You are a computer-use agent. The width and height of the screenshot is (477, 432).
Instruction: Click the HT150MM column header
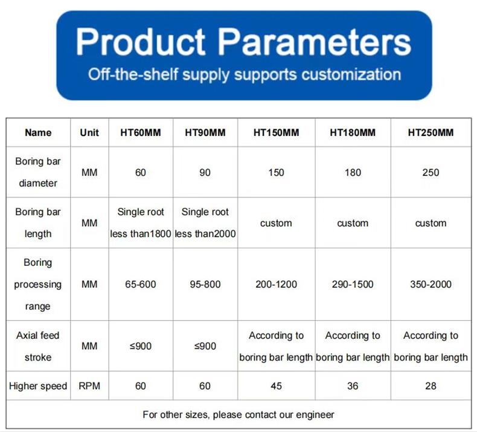(x=276, y=132)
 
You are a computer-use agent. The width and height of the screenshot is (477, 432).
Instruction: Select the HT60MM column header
(x=141, y=132)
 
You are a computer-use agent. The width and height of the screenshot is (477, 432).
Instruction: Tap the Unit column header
(x=89, y=132)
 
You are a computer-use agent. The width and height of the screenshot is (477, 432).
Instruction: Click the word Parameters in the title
(x=315, y=42)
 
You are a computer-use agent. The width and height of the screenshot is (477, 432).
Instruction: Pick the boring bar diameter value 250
(x=431, y=173)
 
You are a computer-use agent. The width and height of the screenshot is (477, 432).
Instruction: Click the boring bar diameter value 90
(x=205, y=173)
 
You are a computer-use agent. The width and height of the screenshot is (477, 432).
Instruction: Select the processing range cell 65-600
(x=141, y=285)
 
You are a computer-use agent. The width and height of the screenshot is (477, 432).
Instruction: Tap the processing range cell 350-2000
(x=431, y=285)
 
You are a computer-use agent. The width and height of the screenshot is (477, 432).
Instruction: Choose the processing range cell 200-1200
(x=276, y=285)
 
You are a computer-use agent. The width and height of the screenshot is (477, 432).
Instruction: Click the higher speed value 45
(x=276, y=386)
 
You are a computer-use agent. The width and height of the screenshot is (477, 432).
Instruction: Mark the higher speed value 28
(x=431, y=386)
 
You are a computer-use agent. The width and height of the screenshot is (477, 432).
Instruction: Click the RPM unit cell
(x=89, y=386)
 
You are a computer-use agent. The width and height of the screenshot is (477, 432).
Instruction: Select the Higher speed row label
(x=38, y=386)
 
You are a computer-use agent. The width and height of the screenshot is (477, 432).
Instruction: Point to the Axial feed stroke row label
(x=38, y=346)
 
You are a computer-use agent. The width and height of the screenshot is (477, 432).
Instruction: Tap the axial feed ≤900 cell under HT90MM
(x=205, y=346)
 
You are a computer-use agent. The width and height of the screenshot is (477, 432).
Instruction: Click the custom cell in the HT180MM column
(x=353, y=223)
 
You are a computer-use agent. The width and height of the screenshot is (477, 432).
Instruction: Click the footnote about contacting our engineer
(x=238, y=414)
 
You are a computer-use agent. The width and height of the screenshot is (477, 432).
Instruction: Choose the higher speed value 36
(x=353, y=386)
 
